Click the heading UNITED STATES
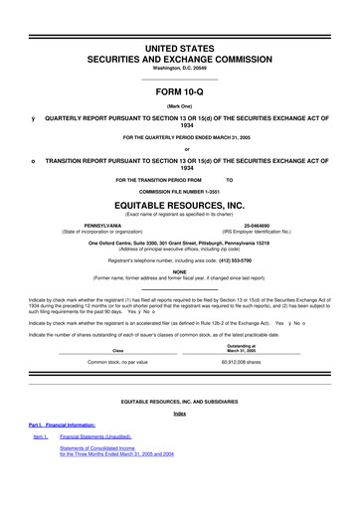180,48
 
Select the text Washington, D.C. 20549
180,69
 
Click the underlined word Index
180,414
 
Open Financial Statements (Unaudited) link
96,437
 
